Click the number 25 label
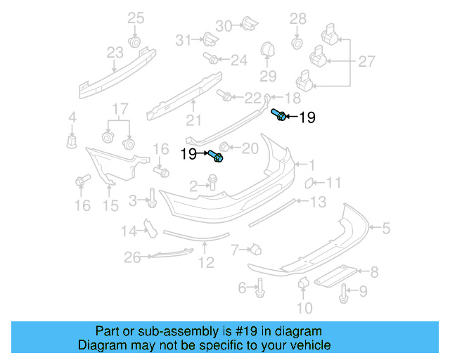coord(135,18)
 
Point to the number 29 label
coord(268,76)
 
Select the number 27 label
coord(366,62)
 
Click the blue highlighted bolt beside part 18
coord(278,115)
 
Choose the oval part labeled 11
coord(308,184)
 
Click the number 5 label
coord(385,227)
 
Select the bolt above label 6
coord(260,285)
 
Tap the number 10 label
coord(303,307)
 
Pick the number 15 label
coord(111,205)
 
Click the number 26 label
coord(133,258)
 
